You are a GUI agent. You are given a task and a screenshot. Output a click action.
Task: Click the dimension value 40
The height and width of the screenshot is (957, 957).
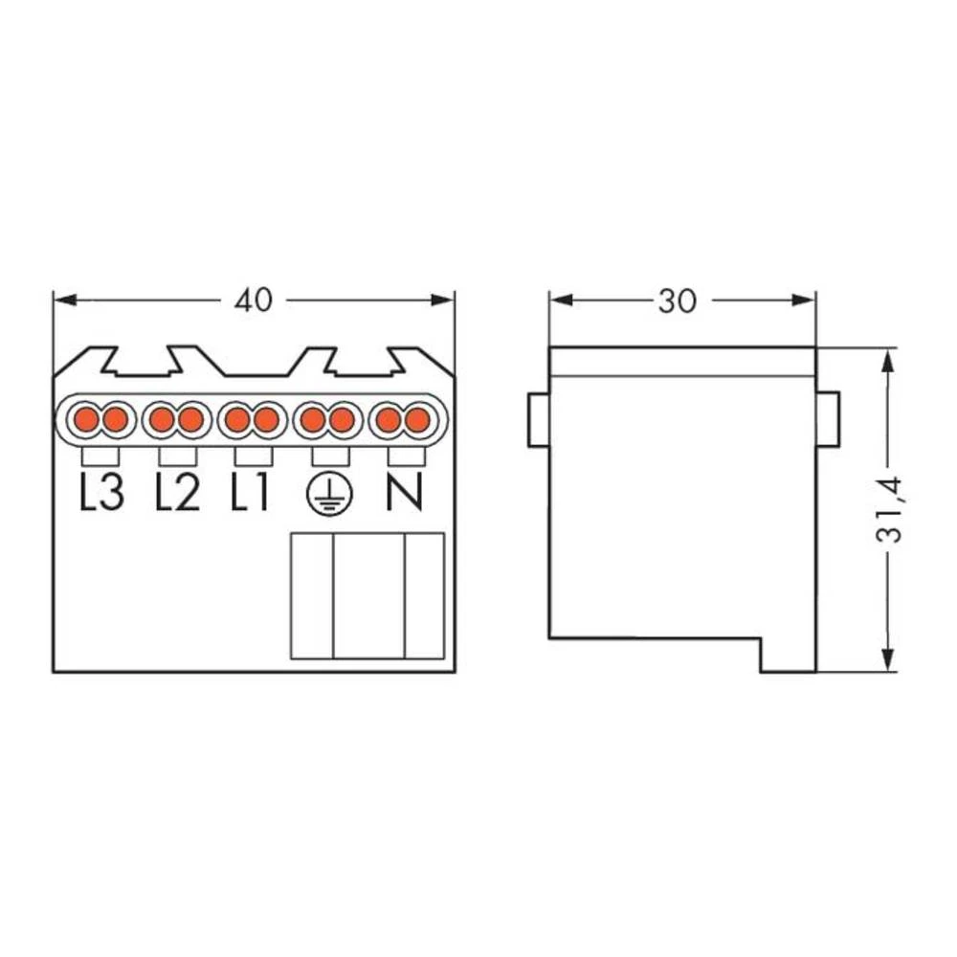click(x=253, y=300)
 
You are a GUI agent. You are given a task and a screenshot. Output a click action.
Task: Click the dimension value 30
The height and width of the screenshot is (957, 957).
click(x=677, y=300)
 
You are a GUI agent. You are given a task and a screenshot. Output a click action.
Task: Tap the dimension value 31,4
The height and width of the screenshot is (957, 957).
click(x=889, y=509)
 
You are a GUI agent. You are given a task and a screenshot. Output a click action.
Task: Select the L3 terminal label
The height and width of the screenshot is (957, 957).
click(x=100, y=493)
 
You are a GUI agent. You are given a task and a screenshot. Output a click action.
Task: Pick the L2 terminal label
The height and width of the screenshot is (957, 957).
click(x=177, y=493)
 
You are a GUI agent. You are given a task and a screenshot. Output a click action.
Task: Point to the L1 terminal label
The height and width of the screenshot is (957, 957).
click(x=251, y=493)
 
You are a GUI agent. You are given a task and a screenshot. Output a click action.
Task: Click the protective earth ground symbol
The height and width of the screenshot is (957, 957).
click(x=328, y=494)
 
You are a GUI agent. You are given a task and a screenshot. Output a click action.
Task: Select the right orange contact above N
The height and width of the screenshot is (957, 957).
click(x=415, y=419)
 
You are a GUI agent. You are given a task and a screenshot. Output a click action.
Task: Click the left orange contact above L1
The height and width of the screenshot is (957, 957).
click(x=236, y=419)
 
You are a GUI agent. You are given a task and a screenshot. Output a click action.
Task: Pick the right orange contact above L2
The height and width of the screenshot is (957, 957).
click(x=190, y=419)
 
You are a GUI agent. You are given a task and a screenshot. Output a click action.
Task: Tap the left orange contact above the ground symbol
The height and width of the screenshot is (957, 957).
click(x=313, y=419)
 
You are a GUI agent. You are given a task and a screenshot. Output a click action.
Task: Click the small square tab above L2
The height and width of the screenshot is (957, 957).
click(x=176, y=455)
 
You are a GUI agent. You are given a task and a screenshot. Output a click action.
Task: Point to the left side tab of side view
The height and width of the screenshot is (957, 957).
click(x=539, y=418)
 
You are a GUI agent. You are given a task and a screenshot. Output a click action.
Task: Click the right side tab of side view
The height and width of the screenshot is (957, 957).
click(x=827, y=418)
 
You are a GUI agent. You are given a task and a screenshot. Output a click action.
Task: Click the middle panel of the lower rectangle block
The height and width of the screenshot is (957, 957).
click(x=368, y=595)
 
